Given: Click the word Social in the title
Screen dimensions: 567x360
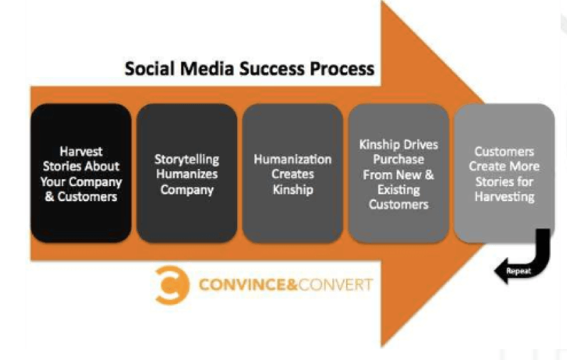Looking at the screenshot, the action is point(149,68).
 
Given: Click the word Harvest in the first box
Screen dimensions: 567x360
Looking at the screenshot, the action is point(81,151).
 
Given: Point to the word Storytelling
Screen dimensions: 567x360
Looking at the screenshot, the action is point(187,160).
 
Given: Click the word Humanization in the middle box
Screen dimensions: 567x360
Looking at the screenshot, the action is point(292,159).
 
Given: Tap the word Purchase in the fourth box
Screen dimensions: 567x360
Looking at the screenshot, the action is point(399,159).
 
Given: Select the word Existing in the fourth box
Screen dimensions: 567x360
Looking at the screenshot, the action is point(399,190).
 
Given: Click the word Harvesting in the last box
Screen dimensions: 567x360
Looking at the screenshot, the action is point(504,197).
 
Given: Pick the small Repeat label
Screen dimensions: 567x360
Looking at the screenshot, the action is point(519,271).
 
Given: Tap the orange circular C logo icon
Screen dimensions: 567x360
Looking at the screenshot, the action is point(172,285).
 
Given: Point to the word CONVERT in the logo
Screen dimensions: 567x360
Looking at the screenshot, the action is point(335,285).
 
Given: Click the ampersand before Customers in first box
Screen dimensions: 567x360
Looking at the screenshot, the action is point(50,197).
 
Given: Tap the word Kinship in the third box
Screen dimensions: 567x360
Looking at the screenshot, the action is point(292,190).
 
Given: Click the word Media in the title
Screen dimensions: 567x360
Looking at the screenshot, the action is point(206,68).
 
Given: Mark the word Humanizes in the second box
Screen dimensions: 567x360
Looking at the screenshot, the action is point(187,174).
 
